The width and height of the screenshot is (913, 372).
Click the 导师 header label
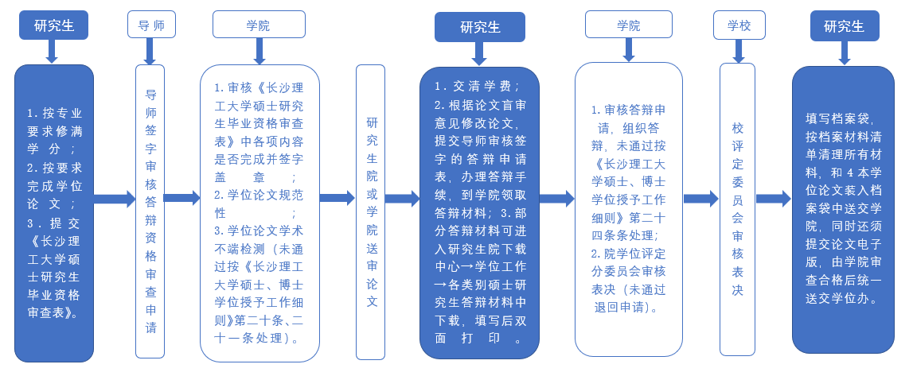pyautogui.click(x=151, y=25)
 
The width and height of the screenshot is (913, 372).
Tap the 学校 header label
pyautogui.click(x=739, y=25)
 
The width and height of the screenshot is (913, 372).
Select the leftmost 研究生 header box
pyautogui.click(x=53, y=25)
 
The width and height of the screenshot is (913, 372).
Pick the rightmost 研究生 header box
pyautogui.click(x=844, y=25)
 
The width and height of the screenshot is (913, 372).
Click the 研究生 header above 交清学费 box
pyautogui.click(x=480, y=27)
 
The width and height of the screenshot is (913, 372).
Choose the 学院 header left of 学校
pyautogui.click(x=628, y=25)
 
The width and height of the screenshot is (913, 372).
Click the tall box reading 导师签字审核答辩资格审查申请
pyautogui.click(x=150, y=211)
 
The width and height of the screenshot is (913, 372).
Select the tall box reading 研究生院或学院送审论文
pyautogui.click(x=371, y=211)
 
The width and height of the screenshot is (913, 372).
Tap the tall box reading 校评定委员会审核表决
pyautogui.click(x=738, y=209)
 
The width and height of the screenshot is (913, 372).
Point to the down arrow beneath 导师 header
pyautogui.click(x=150, y=52)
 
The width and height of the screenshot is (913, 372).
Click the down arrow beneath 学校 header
pyautogui.click(x=739, y=51)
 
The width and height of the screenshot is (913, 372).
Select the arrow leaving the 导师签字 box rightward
pyautogui.click(x=181, y=198)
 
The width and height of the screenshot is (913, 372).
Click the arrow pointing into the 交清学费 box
pyautogui.click(x=402, y=199)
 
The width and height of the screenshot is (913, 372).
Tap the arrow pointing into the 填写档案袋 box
pyautogui.click(x=773, y=198)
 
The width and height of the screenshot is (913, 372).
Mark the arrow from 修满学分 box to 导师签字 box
pyautogui.click(x=115, y=199)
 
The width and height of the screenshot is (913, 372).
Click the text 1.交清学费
pyautogui.click(x=477, y=86)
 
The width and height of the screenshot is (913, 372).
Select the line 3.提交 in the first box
pyautogui.click(x=54, y=223)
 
